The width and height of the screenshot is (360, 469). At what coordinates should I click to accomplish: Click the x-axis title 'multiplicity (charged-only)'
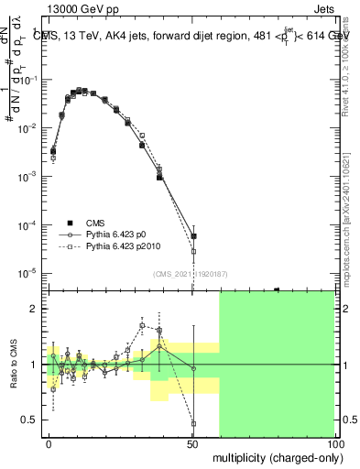(274, 456)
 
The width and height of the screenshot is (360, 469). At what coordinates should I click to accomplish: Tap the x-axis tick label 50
(191, 442)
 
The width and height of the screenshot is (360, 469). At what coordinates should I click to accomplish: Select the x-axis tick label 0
(49, 442)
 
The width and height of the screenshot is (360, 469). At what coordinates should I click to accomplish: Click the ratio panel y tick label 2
(33, 309)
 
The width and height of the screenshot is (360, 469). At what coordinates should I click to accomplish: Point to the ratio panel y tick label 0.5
(29, 420)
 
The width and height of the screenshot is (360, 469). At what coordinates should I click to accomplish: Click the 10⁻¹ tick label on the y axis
(32, 81)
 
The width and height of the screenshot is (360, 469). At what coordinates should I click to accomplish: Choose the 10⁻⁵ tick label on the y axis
(32, 273)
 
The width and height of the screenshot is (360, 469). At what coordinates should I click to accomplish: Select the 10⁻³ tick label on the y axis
(32, 177)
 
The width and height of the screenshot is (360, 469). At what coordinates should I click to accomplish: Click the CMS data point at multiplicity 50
(193, 236)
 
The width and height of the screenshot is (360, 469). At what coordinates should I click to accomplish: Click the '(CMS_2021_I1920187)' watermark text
(190, 272)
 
